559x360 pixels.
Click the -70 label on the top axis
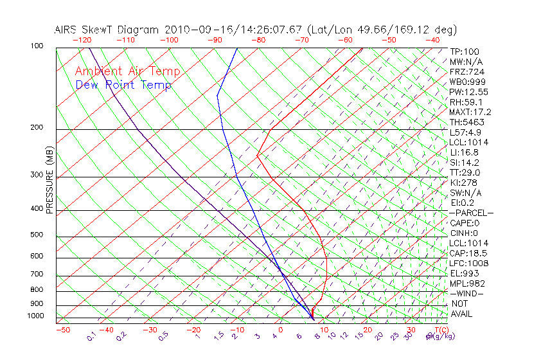coord(301,40)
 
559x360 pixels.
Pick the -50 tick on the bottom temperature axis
coord(62,330)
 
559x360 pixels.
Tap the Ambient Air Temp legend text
coord(127,71)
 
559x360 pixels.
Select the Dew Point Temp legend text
coord(123,85)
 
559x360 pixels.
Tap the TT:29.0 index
coord(465,172)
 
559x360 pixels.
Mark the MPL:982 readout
coord(467,283)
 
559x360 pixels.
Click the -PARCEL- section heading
coord(472,213)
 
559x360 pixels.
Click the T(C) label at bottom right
coord(441,330)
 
